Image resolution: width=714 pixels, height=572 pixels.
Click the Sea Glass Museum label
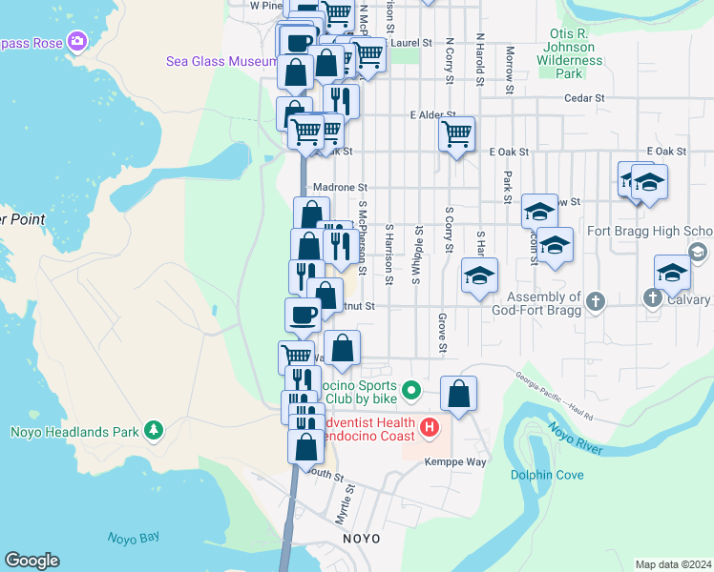pos(221,61)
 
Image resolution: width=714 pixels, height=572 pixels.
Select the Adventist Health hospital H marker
pos(430,429)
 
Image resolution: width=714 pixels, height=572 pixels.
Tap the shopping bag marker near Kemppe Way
pos(459,394)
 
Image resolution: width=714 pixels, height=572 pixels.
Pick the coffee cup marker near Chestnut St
pos(303,315)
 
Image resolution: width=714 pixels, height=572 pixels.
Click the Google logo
pos(31,561)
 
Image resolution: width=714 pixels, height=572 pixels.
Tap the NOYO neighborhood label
pos(362,539)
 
